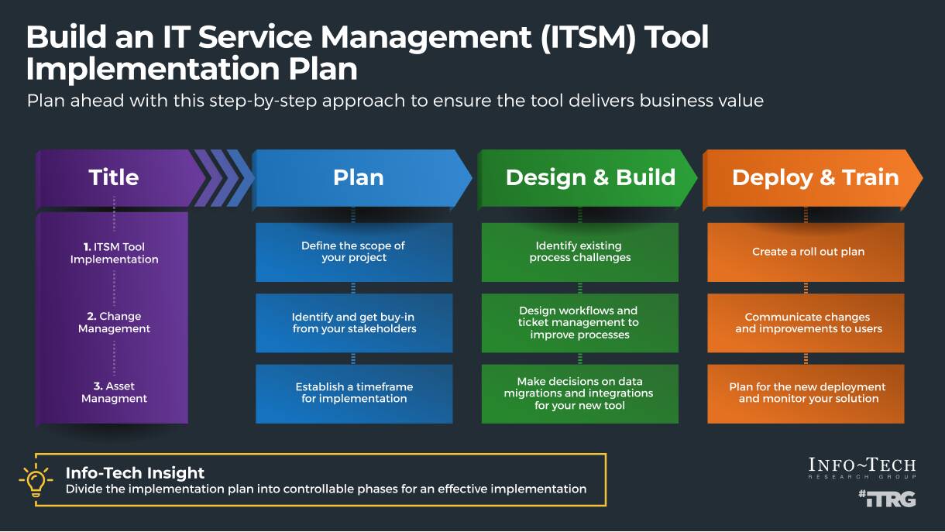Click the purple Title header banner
114,177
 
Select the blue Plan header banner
359,177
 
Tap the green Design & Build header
590,177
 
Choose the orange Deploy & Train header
815,177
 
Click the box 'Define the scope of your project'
354,252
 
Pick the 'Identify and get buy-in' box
354,323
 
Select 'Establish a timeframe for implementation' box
354,393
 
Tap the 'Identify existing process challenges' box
579,252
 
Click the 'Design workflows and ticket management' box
579,323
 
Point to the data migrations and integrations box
579,393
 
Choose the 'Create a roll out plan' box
806,252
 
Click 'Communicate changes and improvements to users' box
806,323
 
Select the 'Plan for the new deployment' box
806,393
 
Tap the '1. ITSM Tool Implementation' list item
114,253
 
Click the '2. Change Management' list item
114,323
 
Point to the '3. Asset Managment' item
114,393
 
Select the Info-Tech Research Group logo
862,468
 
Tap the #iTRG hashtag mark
887,499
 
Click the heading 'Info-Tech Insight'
135,473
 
